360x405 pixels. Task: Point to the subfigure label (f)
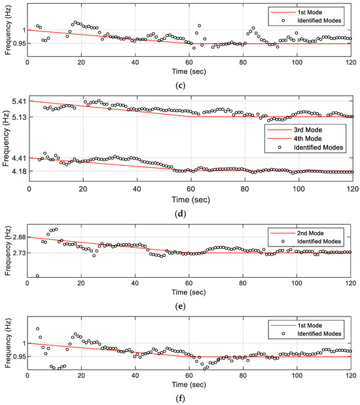[x=189, y=400]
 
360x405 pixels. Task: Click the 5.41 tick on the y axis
[x=17, y=101]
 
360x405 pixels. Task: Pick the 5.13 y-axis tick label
[x=17, y=117]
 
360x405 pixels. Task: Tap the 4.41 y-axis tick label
[x=17, y=158]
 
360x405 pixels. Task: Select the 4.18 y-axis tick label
[x=17, y=172]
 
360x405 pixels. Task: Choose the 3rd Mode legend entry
[x=307, y=131]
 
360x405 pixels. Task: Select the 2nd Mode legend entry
[x=306, y=233]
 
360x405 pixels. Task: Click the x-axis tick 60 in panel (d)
[x=190, y=187]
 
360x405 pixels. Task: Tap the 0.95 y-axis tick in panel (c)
[x=14, y=44]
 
